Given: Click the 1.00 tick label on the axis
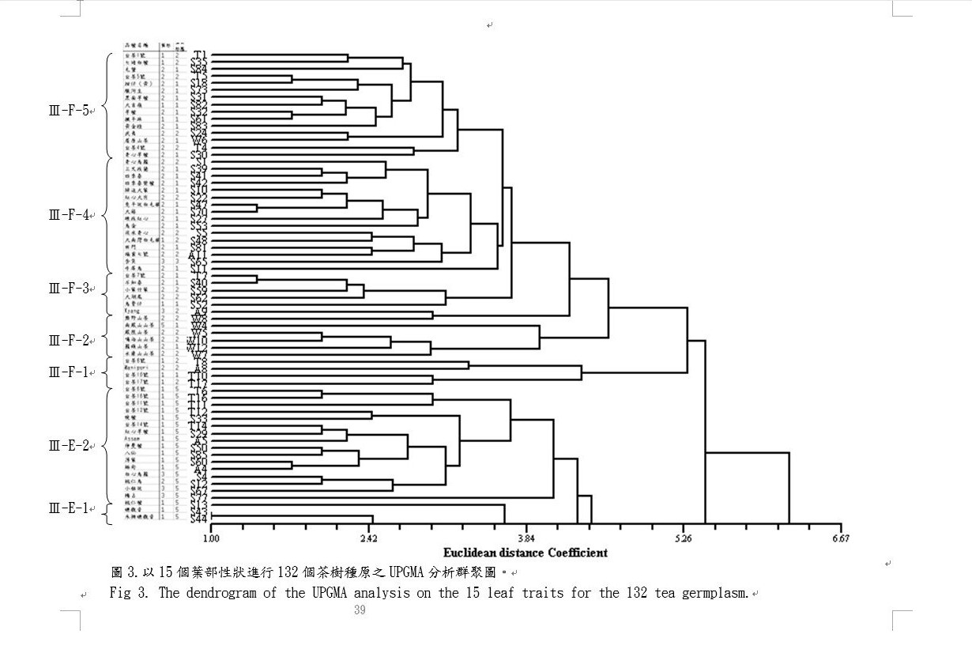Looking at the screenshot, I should click(211, 540).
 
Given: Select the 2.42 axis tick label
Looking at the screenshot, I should click(368, 540).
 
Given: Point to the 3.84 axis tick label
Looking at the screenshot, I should click(526, 540).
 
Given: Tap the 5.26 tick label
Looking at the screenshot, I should click(684, 540).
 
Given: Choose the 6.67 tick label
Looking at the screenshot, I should click(841, 540).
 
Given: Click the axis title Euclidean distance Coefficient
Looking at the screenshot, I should click(526, 553).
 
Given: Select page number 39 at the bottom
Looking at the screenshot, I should click(360, 610).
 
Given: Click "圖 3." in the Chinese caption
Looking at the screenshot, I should click(126, 572).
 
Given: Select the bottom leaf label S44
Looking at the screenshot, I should click(199, 519).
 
